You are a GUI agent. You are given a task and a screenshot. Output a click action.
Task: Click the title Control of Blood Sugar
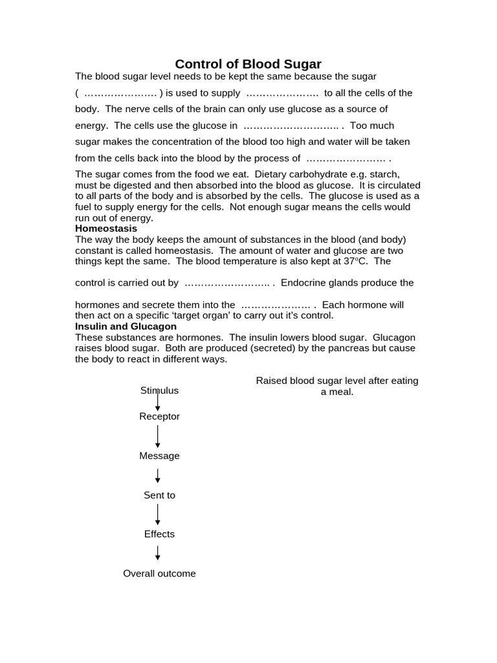point(248,64)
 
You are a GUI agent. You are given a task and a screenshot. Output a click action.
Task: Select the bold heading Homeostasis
point(106,229)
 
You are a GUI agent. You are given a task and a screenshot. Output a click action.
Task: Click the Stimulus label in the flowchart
point(159,390)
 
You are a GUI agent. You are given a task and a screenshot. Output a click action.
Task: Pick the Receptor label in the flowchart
point(159,416)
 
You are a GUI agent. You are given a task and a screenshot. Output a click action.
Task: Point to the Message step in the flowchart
point(159,456)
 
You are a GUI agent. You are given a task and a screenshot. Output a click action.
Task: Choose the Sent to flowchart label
point(159,495)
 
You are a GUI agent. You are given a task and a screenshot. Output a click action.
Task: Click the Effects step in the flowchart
point(159,534)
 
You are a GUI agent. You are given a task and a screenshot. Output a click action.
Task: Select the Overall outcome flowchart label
point(159,574)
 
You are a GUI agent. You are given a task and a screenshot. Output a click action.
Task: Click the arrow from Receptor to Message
point(158,436)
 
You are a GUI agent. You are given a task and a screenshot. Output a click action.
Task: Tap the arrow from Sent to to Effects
point(158,515)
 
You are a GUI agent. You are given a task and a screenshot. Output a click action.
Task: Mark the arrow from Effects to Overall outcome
point(158,553)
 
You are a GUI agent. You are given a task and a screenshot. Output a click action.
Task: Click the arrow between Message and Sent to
point(158,476)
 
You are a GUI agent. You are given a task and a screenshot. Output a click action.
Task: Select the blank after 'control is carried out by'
point(227,284)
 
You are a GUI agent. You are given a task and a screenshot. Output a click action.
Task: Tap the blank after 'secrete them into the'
point(276,305)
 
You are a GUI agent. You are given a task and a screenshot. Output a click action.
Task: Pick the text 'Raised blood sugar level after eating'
point(337,381)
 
